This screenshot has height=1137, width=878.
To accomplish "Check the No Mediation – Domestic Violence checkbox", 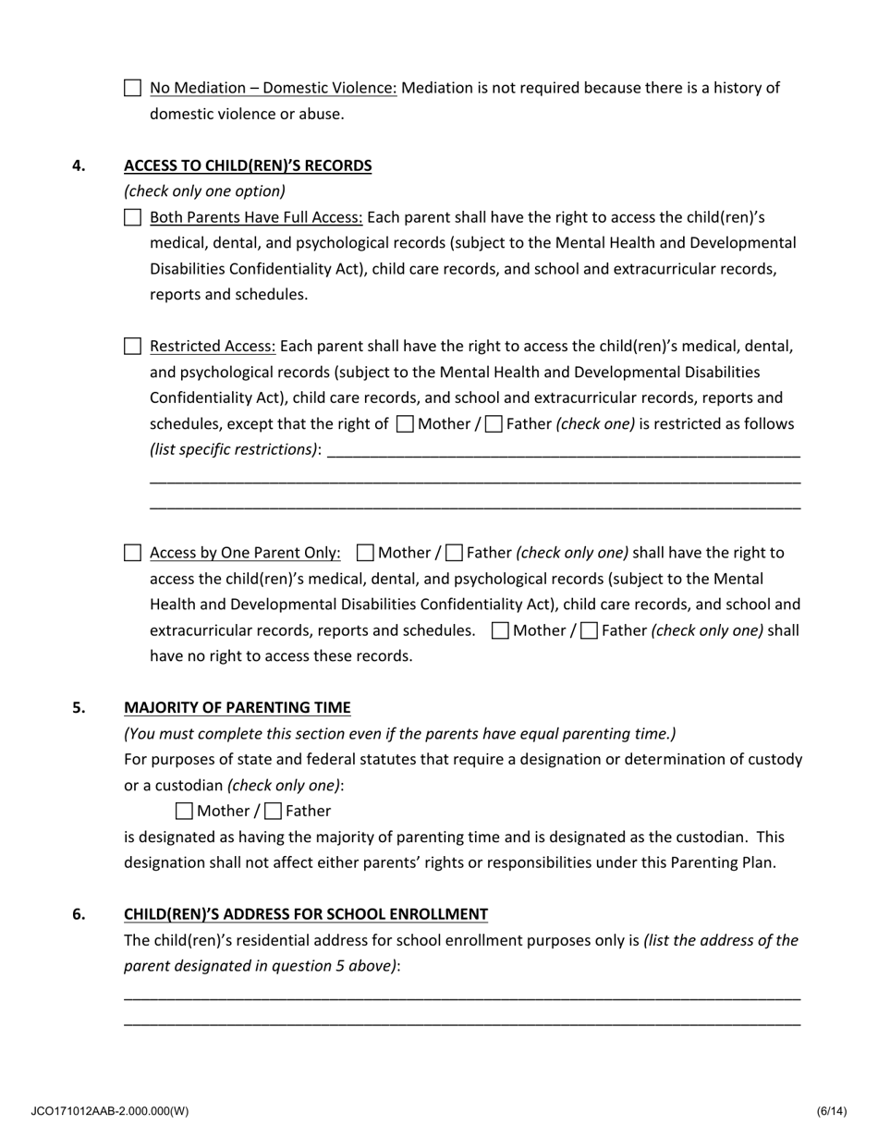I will (x=132, y=89).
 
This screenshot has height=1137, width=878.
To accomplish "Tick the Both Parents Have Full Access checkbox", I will (x=132, y=218).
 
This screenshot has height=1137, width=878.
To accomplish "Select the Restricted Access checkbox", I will (x=132, y=347).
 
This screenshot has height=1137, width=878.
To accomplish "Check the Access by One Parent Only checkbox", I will (x=132, y=553).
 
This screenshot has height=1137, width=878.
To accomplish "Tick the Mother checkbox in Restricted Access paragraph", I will (x=405, y=424).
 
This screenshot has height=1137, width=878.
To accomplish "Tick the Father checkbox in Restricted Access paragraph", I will (x=494, y=424).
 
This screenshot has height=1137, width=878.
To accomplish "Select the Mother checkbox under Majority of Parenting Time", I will (x=184, y=812).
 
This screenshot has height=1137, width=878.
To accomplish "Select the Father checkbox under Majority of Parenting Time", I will (x=273, y=812).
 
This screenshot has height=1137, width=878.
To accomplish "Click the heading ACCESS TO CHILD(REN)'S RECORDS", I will (x=248, y=166).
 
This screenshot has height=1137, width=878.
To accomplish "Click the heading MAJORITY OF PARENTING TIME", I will (x=238, y=708).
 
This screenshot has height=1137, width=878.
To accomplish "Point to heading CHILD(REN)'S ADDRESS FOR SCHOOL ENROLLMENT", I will (x=306, y=914).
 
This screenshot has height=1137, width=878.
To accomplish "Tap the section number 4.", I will (x=79, y=166).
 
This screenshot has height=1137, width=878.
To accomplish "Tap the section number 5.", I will (x=79, y=708).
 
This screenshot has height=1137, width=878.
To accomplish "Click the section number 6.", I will (x=79, y=914).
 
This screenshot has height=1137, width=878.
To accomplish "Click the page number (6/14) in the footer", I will (x=831, y=1111).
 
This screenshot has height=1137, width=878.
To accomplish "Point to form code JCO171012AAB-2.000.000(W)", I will (x=109, y=1111).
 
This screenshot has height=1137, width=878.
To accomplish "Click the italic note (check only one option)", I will (x=204, y=191).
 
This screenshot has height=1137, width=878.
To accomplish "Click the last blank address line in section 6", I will (x=462, y=1023).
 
